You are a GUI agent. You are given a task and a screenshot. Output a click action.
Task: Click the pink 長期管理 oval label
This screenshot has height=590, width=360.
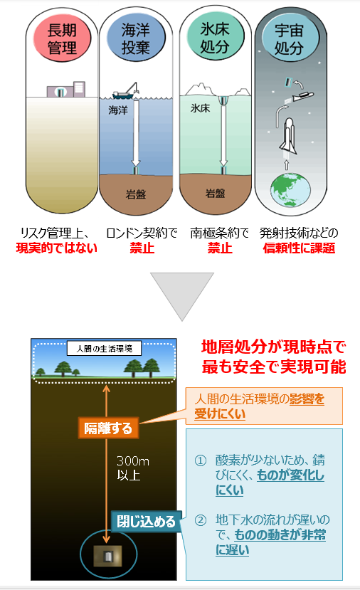pyautogui.click(x=62, y=38)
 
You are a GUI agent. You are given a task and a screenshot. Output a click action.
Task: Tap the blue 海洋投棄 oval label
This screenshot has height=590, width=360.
pyautogui.click(x=136, y=38)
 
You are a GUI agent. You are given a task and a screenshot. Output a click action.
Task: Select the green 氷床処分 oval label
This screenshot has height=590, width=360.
pyautogui.click(x=215, y=38)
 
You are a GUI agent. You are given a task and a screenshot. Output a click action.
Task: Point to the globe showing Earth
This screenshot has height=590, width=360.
pyautogui.click(x=291, y=189)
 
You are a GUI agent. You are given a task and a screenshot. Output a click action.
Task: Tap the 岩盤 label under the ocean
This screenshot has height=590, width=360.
pyautogui.click(x=135, y=194)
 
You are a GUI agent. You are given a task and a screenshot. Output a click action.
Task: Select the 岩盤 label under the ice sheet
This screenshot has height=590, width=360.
pyautogui.click(x=215, y=194)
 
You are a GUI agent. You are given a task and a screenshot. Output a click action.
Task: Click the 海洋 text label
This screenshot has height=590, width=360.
pyautogui.click(x=118, y=110)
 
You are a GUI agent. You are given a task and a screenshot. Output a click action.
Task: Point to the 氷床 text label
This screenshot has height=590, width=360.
pyautogui.click(x=200, y=108)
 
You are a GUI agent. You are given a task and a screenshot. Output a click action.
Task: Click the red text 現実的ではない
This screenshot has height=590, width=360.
pyautogui.click(x=57, y=248)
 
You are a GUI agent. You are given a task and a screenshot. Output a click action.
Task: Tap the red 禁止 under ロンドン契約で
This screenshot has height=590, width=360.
pyautogui.click(x=142, y=248)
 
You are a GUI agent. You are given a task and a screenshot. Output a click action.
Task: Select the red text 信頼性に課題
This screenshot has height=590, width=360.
pyautogui.click(x=299, y=248)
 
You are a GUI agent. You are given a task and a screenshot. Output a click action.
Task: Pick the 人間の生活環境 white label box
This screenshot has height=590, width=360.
pyautogui.click(x=104, y=349)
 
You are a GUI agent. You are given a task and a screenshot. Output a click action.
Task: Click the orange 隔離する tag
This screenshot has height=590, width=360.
pyautogui.click(x=108, y=428)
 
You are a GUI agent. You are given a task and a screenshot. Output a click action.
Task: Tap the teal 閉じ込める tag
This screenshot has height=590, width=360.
pyautogui.click(x=147, y=522)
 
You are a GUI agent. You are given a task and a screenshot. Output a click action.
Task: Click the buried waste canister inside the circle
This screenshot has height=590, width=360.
pyautogui.click(x=108, y=556)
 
